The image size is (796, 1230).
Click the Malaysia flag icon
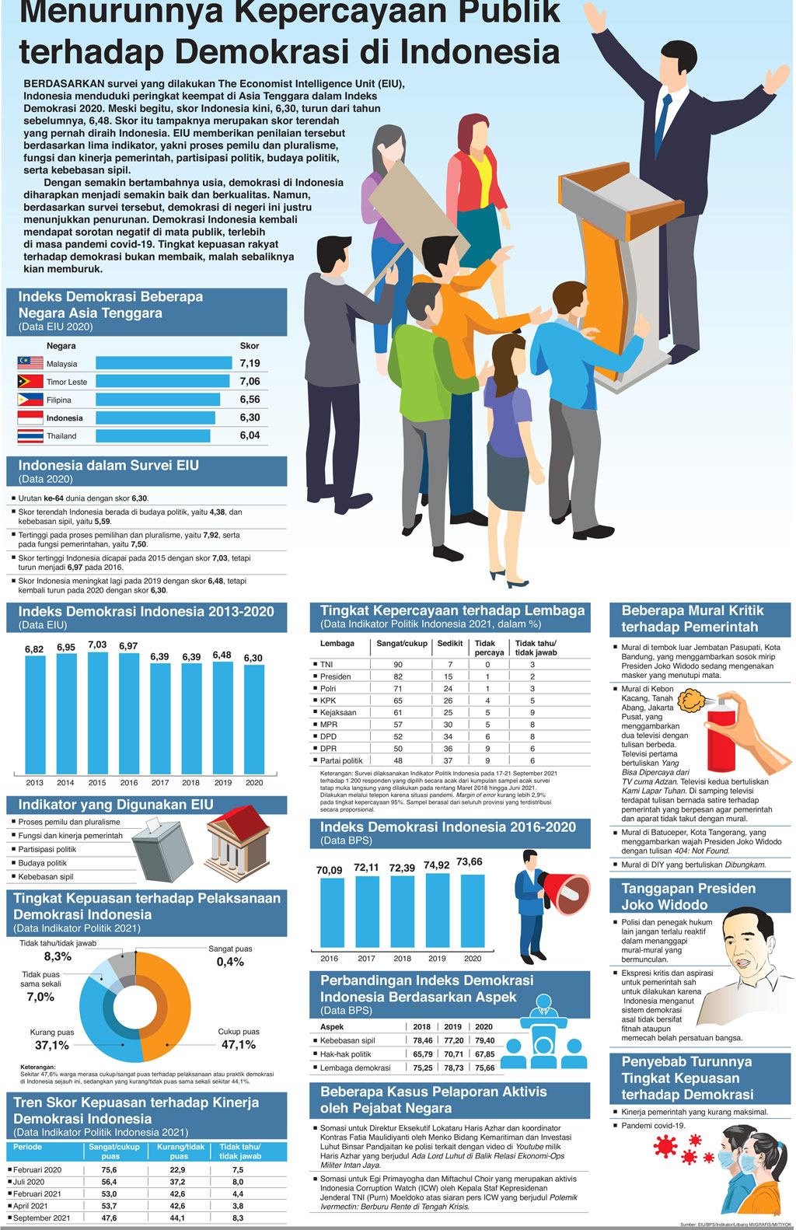coord(30,363)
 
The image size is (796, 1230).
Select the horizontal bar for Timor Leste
coord(162,381)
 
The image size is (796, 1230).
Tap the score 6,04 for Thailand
coord(250,435)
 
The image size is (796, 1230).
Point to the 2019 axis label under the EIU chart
coord(223,783)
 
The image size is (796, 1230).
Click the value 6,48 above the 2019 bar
coord(222,655)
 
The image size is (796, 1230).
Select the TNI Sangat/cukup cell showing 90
coord(398,665)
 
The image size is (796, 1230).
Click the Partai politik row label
coord(341,760)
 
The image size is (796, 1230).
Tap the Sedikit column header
coord(450,644)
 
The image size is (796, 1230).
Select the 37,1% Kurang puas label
coord(52,1045)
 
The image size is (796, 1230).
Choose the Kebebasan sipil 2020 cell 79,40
coord(485,1040)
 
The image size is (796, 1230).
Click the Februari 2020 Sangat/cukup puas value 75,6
coord(110,1169)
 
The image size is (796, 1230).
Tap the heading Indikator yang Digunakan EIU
coord(116,805)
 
